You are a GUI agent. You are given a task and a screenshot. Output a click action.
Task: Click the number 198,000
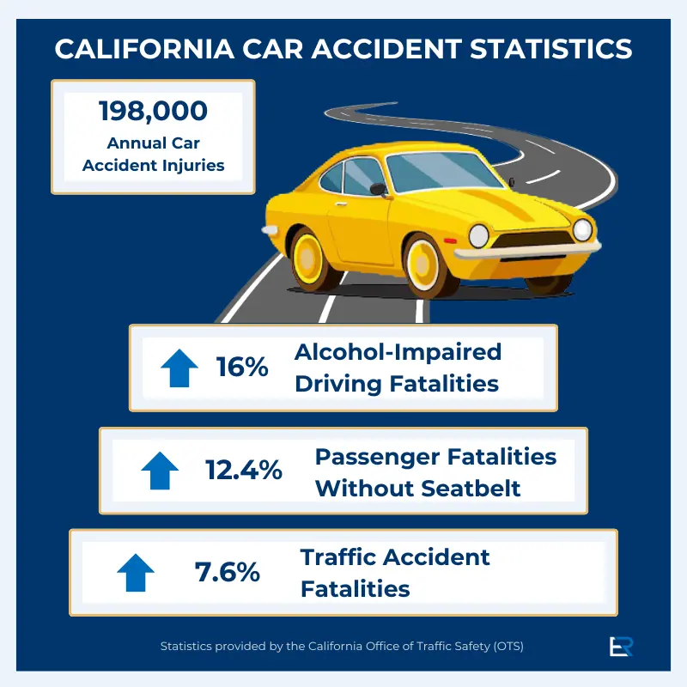154,111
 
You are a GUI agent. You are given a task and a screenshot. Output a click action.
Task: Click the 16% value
242,368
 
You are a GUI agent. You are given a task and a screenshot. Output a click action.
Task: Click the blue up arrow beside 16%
179,367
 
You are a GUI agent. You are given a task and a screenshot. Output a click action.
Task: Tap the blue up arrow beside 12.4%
159,471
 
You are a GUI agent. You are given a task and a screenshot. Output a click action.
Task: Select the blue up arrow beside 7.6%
135,572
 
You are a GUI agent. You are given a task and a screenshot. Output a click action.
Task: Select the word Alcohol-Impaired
398,351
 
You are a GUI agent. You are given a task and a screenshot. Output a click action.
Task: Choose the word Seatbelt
471,488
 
